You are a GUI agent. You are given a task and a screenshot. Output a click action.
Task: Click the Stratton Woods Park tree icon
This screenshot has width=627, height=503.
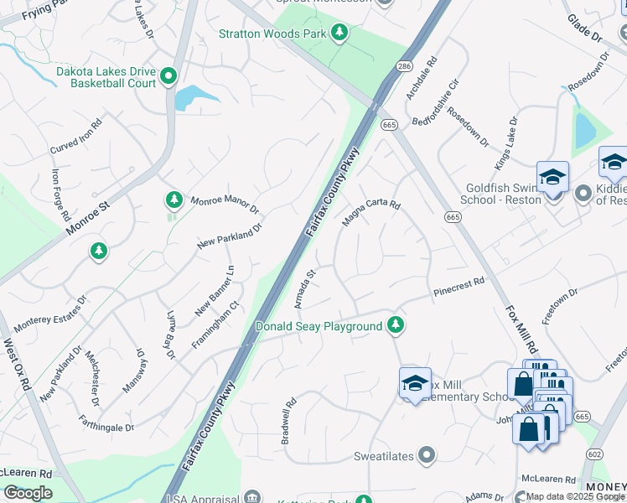coord(339,33)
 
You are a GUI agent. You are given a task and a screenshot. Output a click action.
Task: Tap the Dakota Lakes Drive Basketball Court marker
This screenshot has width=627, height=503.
coord(168,77)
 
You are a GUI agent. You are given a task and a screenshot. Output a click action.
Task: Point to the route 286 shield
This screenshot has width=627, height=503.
coord(405,65)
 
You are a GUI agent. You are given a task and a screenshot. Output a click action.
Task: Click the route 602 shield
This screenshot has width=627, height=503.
coord(594,454)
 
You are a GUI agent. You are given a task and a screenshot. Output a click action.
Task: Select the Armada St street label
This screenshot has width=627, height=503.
coord(303,288)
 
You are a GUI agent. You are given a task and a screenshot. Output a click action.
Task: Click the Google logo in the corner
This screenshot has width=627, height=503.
coord(28,493)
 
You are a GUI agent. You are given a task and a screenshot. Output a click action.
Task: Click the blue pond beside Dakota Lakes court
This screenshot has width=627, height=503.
coord(194,96)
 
